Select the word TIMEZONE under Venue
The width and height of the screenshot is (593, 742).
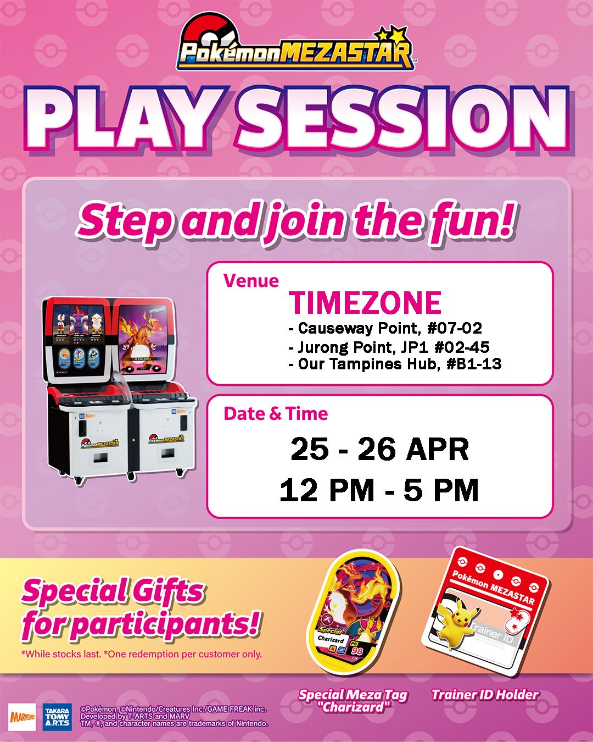click(x=365, y=303)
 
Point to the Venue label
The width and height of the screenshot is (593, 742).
click(x=251, y=281)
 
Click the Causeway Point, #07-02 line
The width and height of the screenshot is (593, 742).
click(x=385, y=329)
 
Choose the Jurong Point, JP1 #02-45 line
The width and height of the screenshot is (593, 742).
click(x=389, y=347)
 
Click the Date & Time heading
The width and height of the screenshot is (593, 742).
click(x=276, y=413)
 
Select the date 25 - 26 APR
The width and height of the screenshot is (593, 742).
click(x=379, y=449)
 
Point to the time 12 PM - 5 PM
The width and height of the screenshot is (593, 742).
click(x=379, y=490)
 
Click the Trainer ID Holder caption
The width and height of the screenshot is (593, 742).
click(x=485, y=695)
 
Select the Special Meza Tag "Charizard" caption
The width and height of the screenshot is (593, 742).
click(x=353, y=701)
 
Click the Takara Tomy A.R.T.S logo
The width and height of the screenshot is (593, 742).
click(x=57, y=717)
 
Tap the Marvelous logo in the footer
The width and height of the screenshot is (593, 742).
click(x=23, y=717)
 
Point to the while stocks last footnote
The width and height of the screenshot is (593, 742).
click(x=142, y=654)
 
